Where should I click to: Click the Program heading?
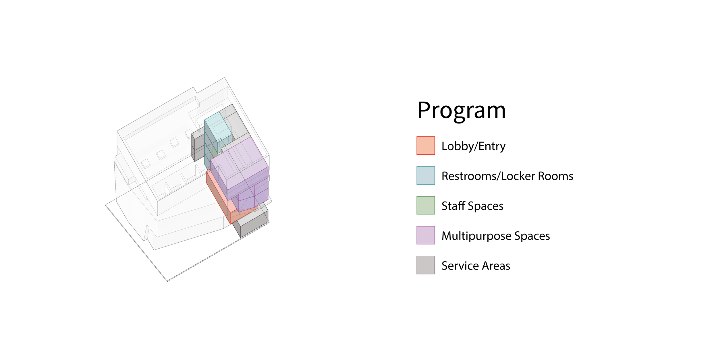coord(461,111)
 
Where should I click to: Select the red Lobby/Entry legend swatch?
coord(426,146)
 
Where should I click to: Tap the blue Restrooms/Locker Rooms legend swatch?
coord(426,175)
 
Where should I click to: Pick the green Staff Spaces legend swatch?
coord(426,205)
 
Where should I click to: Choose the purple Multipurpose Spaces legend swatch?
coord(426,235)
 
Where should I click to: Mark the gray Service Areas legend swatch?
coord(426,265)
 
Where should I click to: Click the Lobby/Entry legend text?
coord(473,146)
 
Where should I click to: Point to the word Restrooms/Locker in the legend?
coord(488,176)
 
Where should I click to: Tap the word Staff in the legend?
coord(453,206)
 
